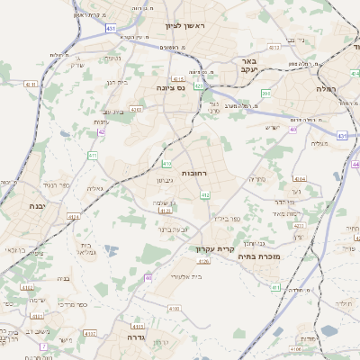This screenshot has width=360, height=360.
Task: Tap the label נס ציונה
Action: click(x=193, y=88)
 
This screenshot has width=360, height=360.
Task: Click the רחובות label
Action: click(x=195, y=171)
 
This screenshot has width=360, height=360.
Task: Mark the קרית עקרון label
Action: click(x=215, y=247)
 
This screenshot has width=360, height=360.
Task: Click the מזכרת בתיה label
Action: click(x=262, y=256)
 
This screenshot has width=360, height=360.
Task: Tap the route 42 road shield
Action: click(x=101, y=132)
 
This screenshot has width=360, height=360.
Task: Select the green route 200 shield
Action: click(x=266, y=93)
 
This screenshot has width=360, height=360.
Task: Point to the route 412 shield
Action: click(x=205, y=194)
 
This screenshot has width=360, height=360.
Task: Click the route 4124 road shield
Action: click(x=73, y=217)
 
